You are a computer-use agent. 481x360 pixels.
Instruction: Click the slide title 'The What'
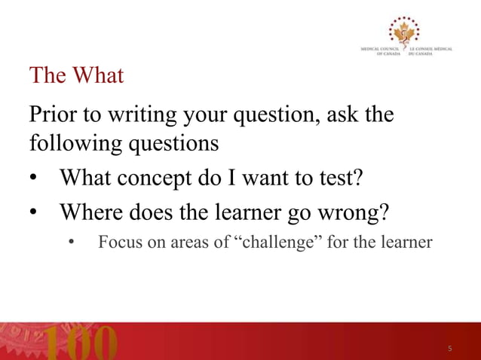pos(75,76)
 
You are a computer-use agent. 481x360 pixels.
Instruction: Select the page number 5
pos(450,349)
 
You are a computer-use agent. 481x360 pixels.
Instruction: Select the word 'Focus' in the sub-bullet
pos(119,243)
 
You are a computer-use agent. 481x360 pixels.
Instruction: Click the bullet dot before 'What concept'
pos(35,178)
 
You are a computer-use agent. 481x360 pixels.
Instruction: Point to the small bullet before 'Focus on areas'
pos(72,243)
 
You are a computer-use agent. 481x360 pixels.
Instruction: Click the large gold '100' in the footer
pos(83,343)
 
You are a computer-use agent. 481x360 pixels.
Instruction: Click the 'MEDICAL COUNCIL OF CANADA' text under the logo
pos(381,52)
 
